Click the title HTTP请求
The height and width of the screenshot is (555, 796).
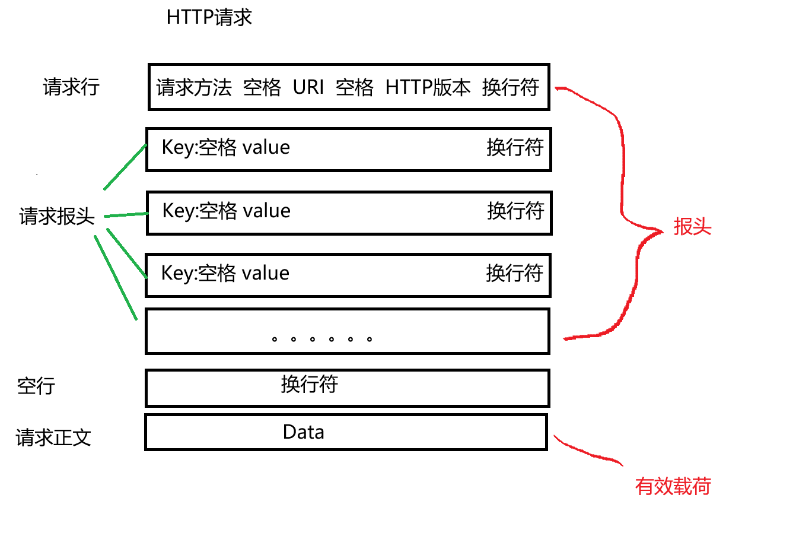click(x=209, y=17)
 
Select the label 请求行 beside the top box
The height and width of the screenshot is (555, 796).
click(x=71, y=87)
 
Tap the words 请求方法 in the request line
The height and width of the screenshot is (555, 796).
click(x=194, y=88)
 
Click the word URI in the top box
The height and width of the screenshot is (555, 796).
click(x=308, y=87)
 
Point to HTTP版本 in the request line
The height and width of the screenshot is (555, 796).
click(x=428, y=87)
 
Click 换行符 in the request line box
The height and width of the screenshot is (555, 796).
click(x=510, y=87)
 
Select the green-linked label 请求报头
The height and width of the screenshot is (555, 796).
click(x=57, y=216)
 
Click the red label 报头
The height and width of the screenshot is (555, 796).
click(x=692, y=227)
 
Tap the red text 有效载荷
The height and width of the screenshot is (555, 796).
click(x=673, y=487)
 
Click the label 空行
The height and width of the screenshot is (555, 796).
click(x=36, y=386)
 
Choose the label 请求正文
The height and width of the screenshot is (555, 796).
click(x=53, y=438)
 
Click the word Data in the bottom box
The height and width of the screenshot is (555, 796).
click(x=303, y=432)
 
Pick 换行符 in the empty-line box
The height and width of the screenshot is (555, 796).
click(x=309, y=384)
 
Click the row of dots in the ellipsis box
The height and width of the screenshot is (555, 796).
click(x=321, y=340)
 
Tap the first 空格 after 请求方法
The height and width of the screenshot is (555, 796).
click(x=262, y=88)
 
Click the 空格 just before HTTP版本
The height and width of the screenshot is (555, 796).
click(x=354, y=88)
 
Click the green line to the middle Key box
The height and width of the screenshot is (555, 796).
click(x=126, y=215)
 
